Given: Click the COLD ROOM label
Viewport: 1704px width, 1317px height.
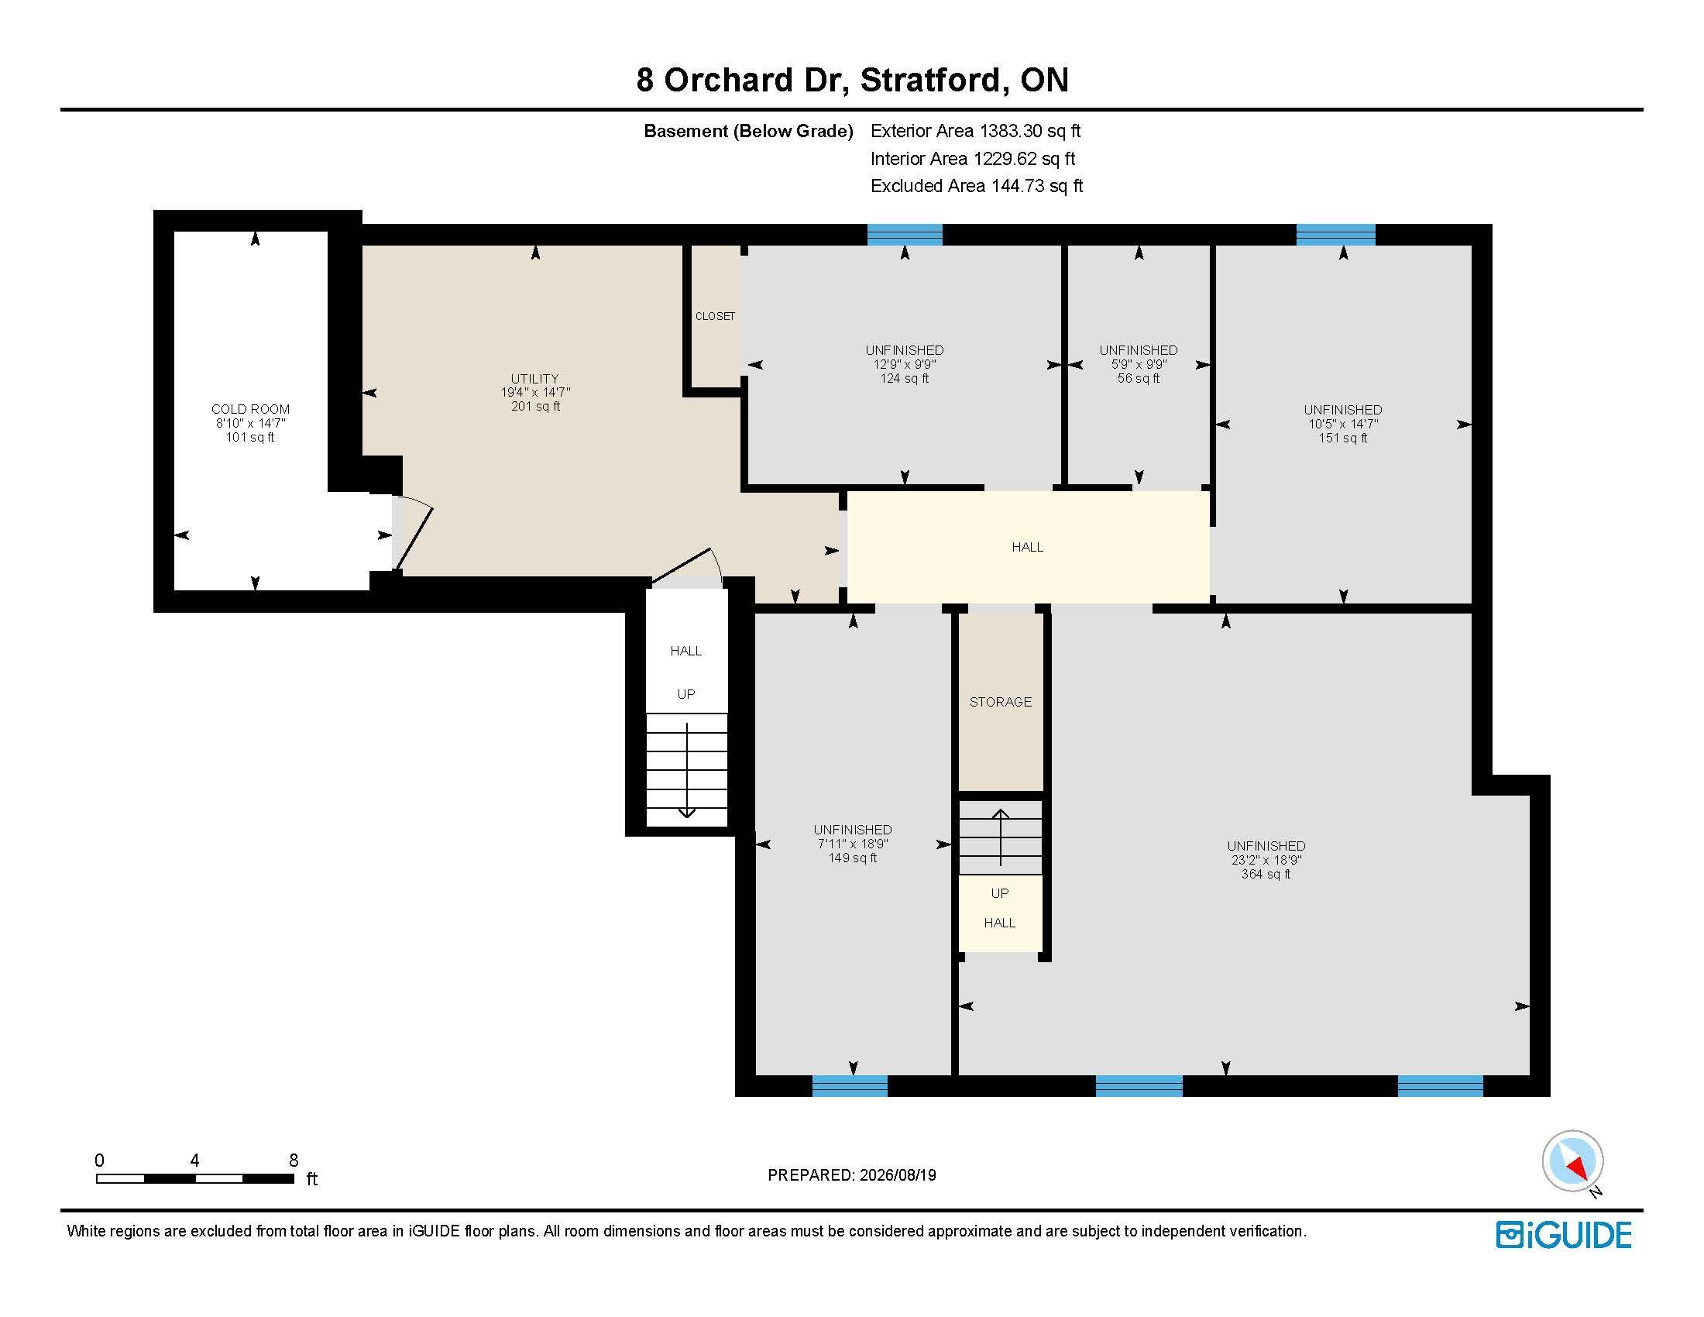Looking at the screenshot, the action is coord(250,409).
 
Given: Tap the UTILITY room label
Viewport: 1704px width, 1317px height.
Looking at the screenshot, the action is coord(534,378).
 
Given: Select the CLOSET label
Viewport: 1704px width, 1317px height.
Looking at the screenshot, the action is coord(715,316).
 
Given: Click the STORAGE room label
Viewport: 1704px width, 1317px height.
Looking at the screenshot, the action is coord(1000,701).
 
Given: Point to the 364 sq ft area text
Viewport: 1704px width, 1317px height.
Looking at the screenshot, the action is coord(1266,874).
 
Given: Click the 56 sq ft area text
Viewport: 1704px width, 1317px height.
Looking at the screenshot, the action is coord(1139,378).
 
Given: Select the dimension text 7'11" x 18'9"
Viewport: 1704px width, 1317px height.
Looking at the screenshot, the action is coord(853,844).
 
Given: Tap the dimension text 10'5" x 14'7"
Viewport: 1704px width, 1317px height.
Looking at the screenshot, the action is coord(1343,424).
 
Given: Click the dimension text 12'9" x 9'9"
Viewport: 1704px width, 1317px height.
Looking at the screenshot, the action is coord(904,364).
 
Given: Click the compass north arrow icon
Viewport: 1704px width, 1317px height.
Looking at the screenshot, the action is coord(1572,1161).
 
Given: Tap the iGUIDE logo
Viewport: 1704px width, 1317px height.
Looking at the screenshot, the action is coord(1564,1235).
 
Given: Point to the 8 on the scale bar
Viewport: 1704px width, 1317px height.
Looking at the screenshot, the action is coord(294,1161).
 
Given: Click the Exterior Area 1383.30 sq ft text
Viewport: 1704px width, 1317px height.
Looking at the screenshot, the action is coord(975,131).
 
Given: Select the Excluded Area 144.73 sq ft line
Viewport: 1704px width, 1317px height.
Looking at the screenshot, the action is coord(977,186).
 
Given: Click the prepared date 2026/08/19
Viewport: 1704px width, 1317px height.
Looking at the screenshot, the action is coord(896,1175).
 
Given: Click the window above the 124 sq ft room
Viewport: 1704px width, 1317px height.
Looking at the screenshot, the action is coord(905,234).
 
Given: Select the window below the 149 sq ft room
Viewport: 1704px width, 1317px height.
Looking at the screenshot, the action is coord(850,1085).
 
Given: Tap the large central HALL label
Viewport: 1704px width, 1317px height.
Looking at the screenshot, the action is coord(1028,547).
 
